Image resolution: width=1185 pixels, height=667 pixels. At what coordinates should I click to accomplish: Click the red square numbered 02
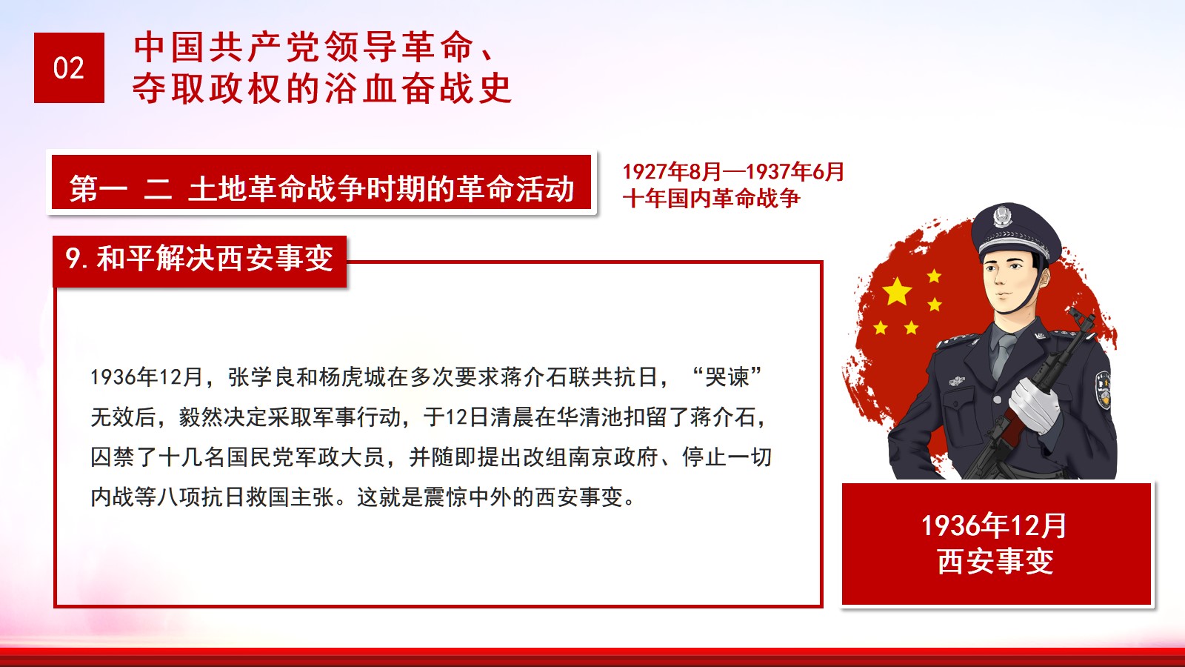(69, 67)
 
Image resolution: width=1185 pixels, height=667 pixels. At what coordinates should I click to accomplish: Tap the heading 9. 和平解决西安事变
(199, 259)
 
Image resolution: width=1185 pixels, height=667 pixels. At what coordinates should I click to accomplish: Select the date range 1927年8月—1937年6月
(733, 171)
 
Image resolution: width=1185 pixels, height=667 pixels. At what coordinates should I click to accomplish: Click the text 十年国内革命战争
(712, 199)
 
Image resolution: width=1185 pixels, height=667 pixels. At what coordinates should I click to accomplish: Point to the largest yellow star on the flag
(897, 292)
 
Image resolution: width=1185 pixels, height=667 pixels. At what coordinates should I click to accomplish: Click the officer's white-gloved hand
(1033, 405)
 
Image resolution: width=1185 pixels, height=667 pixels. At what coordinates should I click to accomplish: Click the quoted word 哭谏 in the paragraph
(727, 377)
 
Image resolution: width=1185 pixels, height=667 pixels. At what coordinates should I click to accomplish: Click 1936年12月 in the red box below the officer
(994, 526)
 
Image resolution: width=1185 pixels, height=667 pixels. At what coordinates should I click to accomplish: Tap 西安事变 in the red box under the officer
(995, 562)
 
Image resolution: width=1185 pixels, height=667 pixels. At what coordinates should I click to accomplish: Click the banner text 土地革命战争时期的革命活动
(381, 189)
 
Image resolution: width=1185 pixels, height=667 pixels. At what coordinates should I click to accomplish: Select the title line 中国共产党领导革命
(304, 47)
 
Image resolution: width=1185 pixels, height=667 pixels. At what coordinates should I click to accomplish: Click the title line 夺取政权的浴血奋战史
(322, 88)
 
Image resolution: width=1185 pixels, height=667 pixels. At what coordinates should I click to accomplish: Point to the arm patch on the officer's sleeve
(1103, 390)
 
